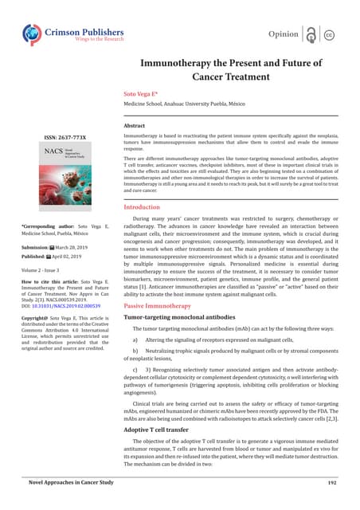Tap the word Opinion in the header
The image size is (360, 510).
coord(284,36)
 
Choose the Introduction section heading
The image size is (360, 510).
coord(146,207)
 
